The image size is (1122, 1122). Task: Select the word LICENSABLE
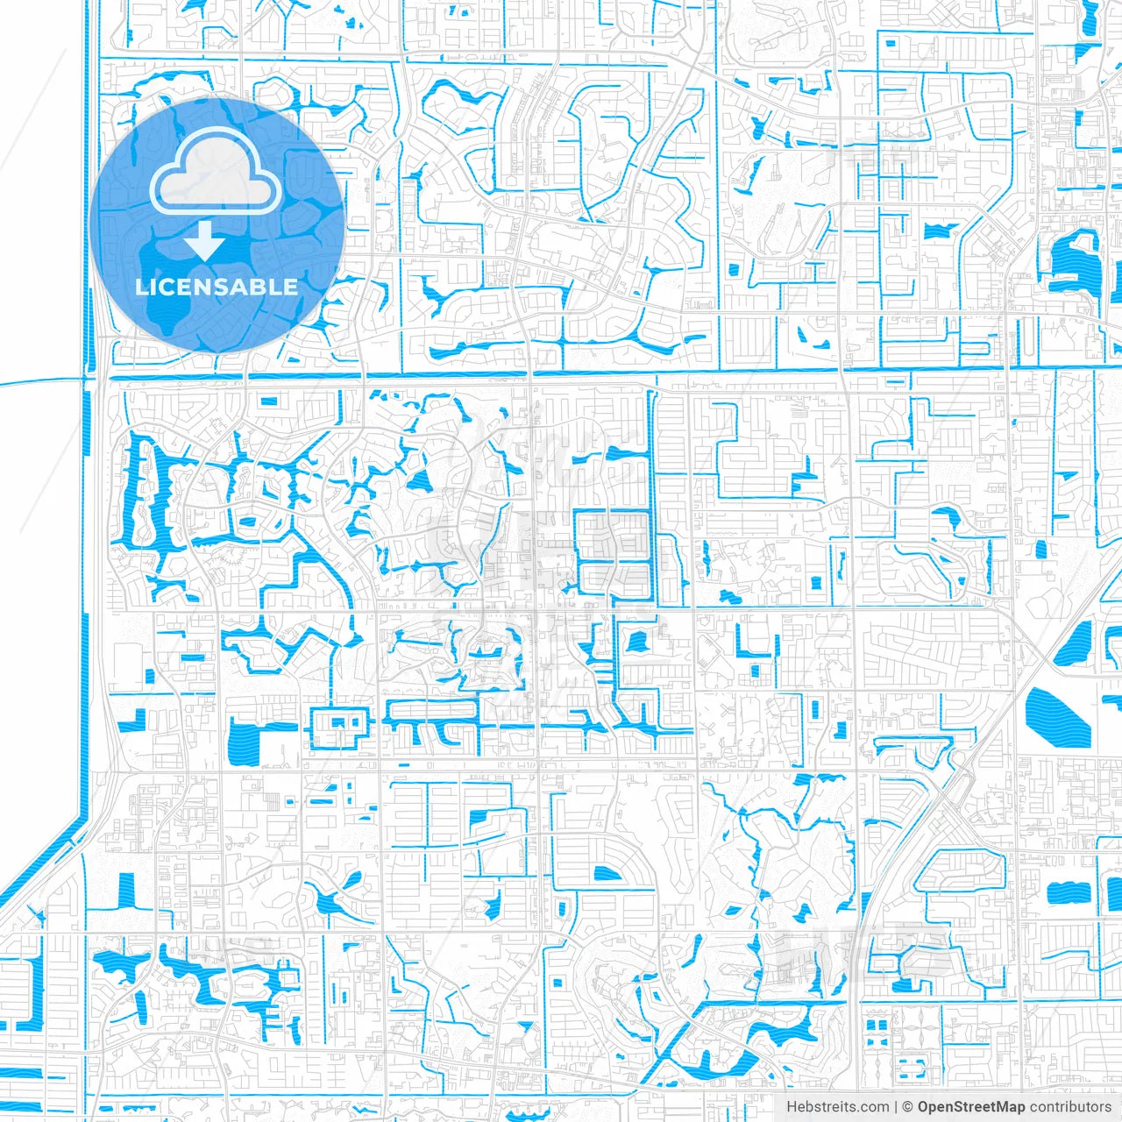(x=217, y=287)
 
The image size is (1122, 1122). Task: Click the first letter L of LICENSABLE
(x=140, y=287)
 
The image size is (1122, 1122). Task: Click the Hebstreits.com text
(x=837, y=1107)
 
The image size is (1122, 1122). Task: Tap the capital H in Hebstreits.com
(x=792, y=1107)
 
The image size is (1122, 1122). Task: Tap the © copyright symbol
(x=907, y=1107)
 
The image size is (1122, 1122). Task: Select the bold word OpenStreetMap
(x=971, y=1107)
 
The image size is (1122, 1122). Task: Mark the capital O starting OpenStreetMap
(x=924, y=1107)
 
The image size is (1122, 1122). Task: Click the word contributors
(x=1070, y=1107)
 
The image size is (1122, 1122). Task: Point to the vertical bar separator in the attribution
(x=895, y=1107)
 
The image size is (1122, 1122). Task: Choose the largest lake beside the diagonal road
(x=1056, y=713)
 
